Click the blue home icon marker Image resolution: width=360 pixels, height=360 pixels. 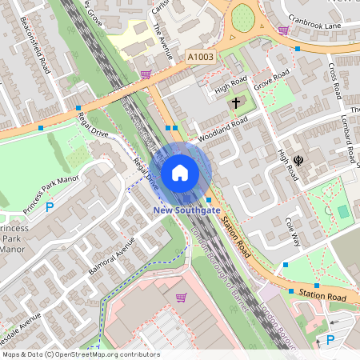(x=180, y=173)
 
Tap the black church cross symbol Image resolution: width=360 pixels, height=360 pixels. (x=235, y=102)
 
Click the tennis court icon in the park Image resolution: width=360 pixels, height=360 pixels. (x=343, y=211)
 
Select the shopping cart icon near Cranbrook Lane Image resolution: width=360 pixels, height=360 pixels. (x=283, y=30)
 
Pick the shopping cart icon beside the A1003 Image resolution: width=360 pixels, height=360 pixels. (x=145, y=74)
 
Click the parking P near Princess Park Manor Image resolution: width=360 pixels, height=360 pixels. (x=50, y=206)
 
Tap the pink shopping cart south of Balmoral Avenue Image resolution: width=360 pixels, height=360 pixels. (x=181, y=298)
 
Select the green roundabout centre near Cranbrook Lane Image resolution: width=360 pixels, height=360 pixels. (x=242, y=16)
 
